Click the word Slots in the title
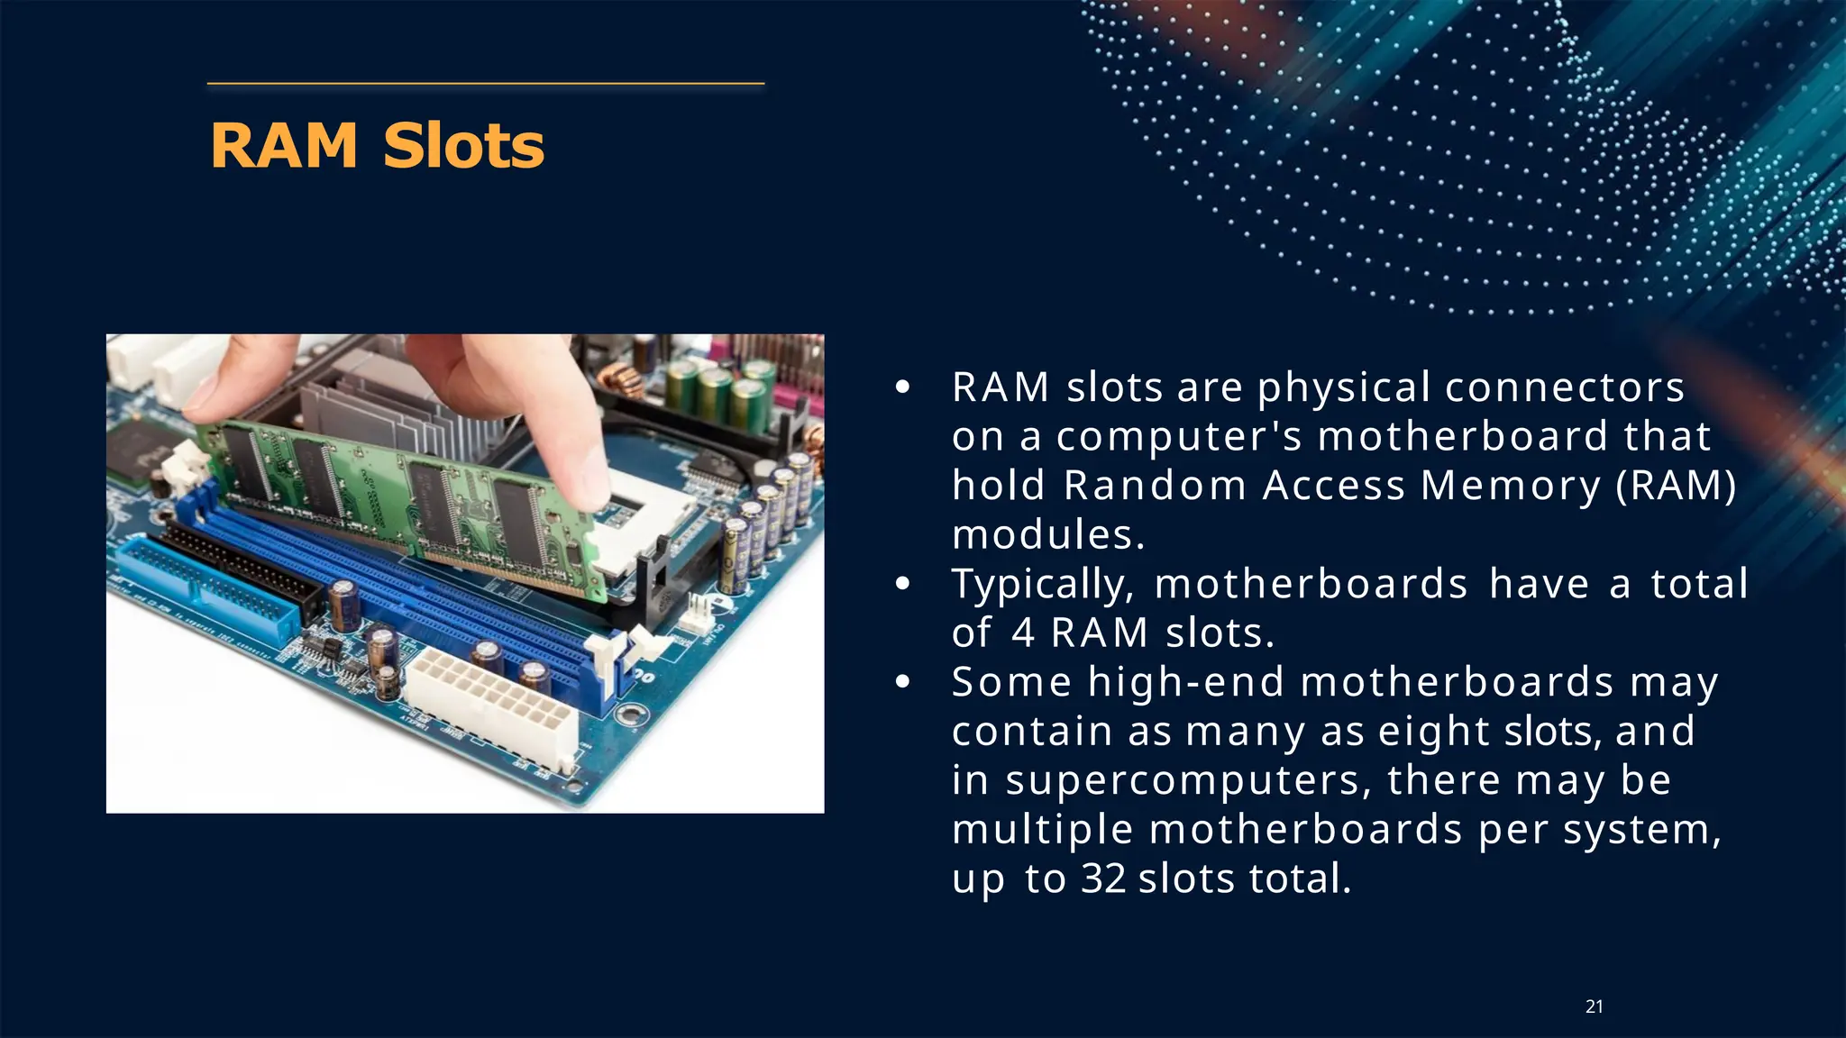point(463,145)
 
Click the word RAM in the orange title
point(284,145)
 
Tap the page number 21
point(1594,1006)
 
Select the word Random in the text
point(1155,486)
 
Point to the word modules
point(1047,535)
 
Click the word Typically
point(1042,584)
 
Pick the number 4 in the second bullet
point(1022,633)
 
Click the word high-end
point(1186,682)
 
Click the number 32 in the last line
point(1102,879)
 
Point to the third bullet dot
point(903,682)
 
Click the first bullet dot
point(903,388)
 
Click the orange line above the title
point(485,84)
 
